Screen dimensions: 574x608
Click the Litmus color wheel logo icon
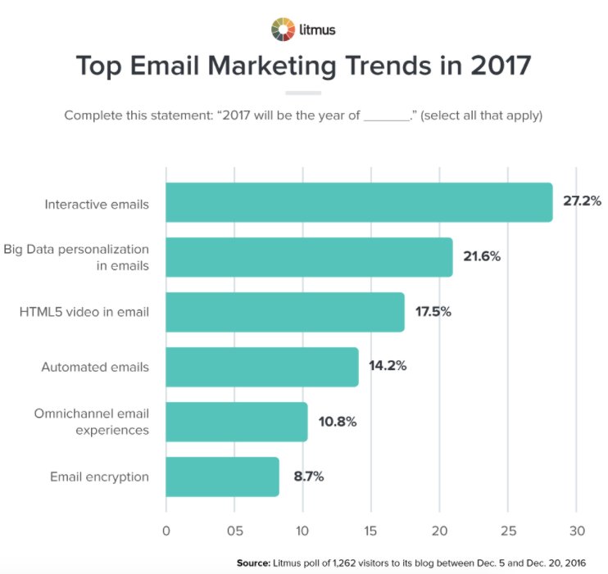tap(281, 29)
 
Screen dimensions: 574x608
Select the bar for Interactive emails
tap(359, 202)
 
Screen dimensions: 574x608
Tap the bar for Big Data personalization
tap(309, 257)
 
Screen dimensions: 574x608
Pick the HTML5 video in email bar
tap(285, 312)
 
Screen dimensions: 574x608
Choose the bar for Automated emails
tap(262, 367)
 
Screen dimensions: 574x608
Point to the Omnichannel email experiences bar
tap(237, 422)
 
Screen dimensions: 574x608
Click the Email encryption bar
tap(222, 477)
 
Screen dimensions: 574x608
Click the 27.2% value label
tap(581, 201)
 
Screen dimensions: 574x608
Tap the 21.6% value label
tap(482, 256)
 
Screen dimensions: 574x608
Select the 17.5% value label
tap(433, 312)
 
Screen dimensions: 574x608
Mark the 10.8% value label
tap(337, 422)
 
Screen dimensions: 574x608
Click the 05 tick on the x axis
tap(234, 529)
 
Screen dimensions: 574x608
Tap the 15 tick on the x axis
tap(371, 529)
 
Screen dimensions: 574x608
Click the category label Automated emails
tap(95, 367)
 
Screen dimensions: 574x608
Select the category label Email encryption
tap(99, 477)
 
